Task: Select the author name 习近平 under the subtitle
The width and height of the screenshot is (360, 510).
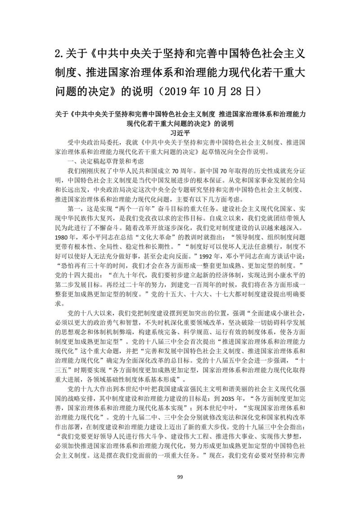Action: (180, 133)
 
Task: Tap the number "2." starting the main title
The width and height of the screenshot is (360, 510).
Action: (60, 56)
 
